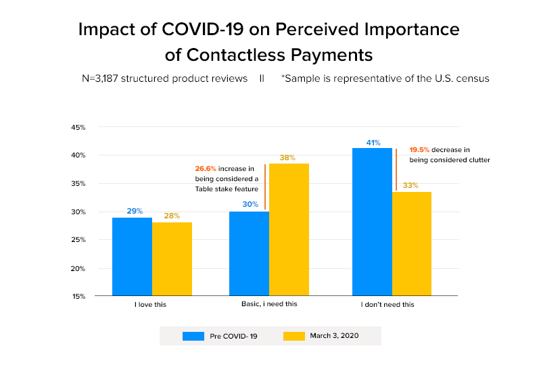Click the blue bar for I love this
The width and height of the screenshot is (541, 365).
132,257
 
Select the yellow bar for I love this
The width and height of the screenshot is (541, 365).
172,259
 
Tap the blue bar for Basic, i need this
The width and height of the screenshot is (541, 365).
249,253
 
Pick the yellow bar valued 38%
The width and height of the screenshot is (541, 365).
289,230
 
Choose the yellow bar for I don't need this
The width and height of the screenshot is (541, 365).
412,244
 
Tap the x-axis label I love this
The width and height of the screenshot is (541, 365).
150,305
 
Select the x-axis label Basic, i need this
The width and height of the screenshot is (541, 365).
269,305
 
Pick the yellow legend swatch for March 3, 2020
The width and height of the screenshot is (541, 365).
294,336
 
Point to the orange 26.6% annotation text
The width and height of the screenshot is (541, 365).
206,167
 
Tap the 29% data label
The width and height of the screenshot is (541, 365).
135,211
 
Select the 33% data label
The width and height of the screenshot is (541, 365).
410,185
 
